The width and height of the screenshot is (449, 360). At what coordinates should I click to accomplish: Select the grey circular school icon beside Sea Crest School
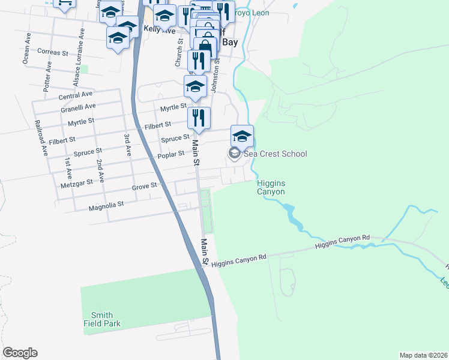pos(234,154)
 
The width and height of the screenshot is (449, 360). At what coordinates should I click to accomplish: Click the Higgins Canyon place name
pos(270,187)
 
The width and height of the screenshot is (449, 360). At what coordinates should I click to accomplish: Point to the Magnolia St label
pos(106,205)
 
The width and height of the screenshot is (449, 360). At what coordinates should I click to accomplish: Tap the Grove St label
pos(144,187)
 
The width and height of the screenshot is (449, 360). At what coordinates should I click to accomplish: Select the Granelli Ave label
pos(77,107)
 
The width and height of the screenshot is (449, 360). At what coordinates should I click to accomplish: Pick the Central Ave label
pos(75,95)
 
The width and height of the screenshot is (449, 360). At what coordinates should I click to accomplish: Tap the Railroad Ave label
pos(40,138)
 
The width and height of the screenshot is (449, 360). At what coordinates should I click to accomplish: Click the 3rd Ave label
pos(127,145)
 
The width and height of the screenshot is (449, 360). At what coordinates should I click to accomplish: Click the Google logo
pos(20,353)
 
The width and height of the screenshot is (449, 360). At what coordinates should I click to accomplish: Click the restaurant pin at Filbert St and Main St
pos(199,118)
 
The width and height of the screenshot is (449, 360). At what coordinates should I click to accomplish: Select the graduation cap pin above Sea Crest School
pos(242,136)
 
